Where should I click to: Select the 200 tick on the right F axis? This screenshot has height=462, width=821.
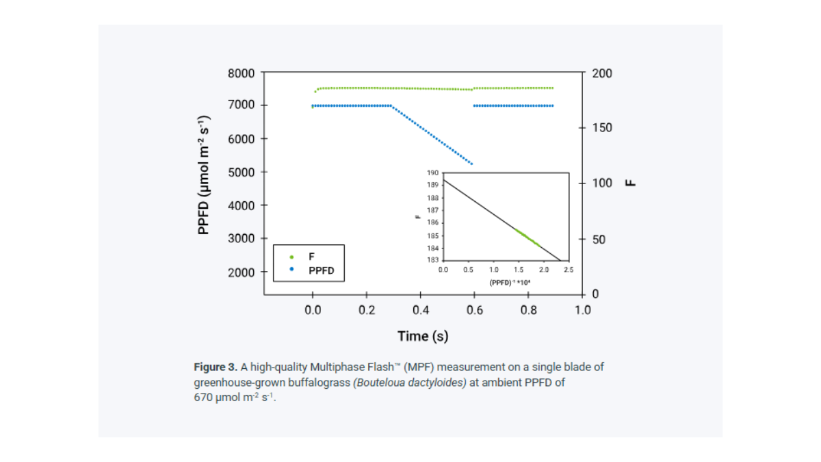602,73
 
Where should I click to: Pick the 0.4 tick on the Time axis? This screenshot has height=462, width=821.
421,309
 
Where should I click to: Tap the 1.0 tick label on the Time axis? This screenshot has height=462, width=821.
582,309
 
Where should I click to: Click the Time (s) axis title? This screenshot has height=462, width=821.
423,336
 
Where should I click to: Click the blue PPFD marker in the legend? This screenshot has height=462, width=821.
291,270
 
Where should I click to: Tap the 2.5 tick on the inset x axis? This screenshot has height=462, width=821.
569,270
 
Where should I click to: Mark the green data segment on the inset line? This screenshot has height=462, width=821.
527,238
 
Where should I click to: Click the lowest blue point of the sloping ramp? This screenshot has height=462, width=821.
471,164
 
